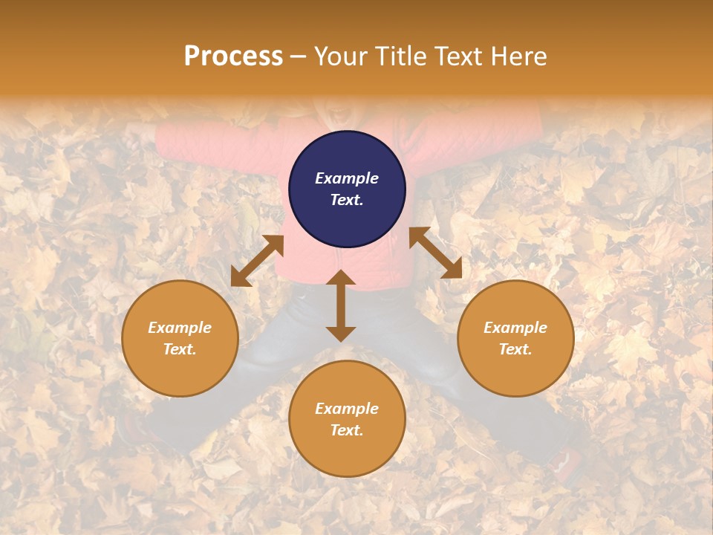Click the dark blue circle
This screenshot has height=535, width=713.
(x=347, y=189)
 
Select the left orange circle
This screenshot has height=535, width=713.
(x=180, y=338)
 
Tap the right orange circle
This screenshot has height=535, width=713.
(x=515, y=338)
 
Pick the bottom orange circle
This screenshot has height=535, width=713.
(x=347, y=418)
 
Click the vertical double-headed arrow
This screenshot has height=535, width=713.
(x=341, y=305)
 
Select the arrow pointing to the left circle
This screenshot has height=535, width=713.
(x=258, y=261)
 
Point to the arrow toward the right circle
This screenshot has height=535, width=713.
(x=436, y=253)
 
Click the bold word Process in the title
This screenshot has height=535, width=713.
(x=233, y=56)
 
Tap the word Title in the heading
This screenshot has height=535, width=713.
(x=400, y=56)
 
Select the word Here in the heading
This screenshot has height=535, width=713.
(x=518, y=56)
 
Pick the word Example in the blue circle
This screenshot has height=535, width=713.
(x=347, y=178)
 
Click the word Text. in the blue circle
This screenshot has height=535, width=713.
(x=347, y=200)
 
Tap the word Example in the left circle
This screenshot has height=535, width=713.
(x=180, y=327)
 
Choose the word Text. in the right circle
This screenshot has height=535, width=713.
(x=515, y=349)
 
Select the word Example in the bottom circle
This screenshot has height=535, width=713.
(x=347, y=408)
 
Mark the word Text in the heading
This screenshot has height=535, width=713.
(x=458, y=56)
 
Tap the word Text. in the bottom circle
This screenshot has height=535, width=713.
(x=347, y=430)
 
